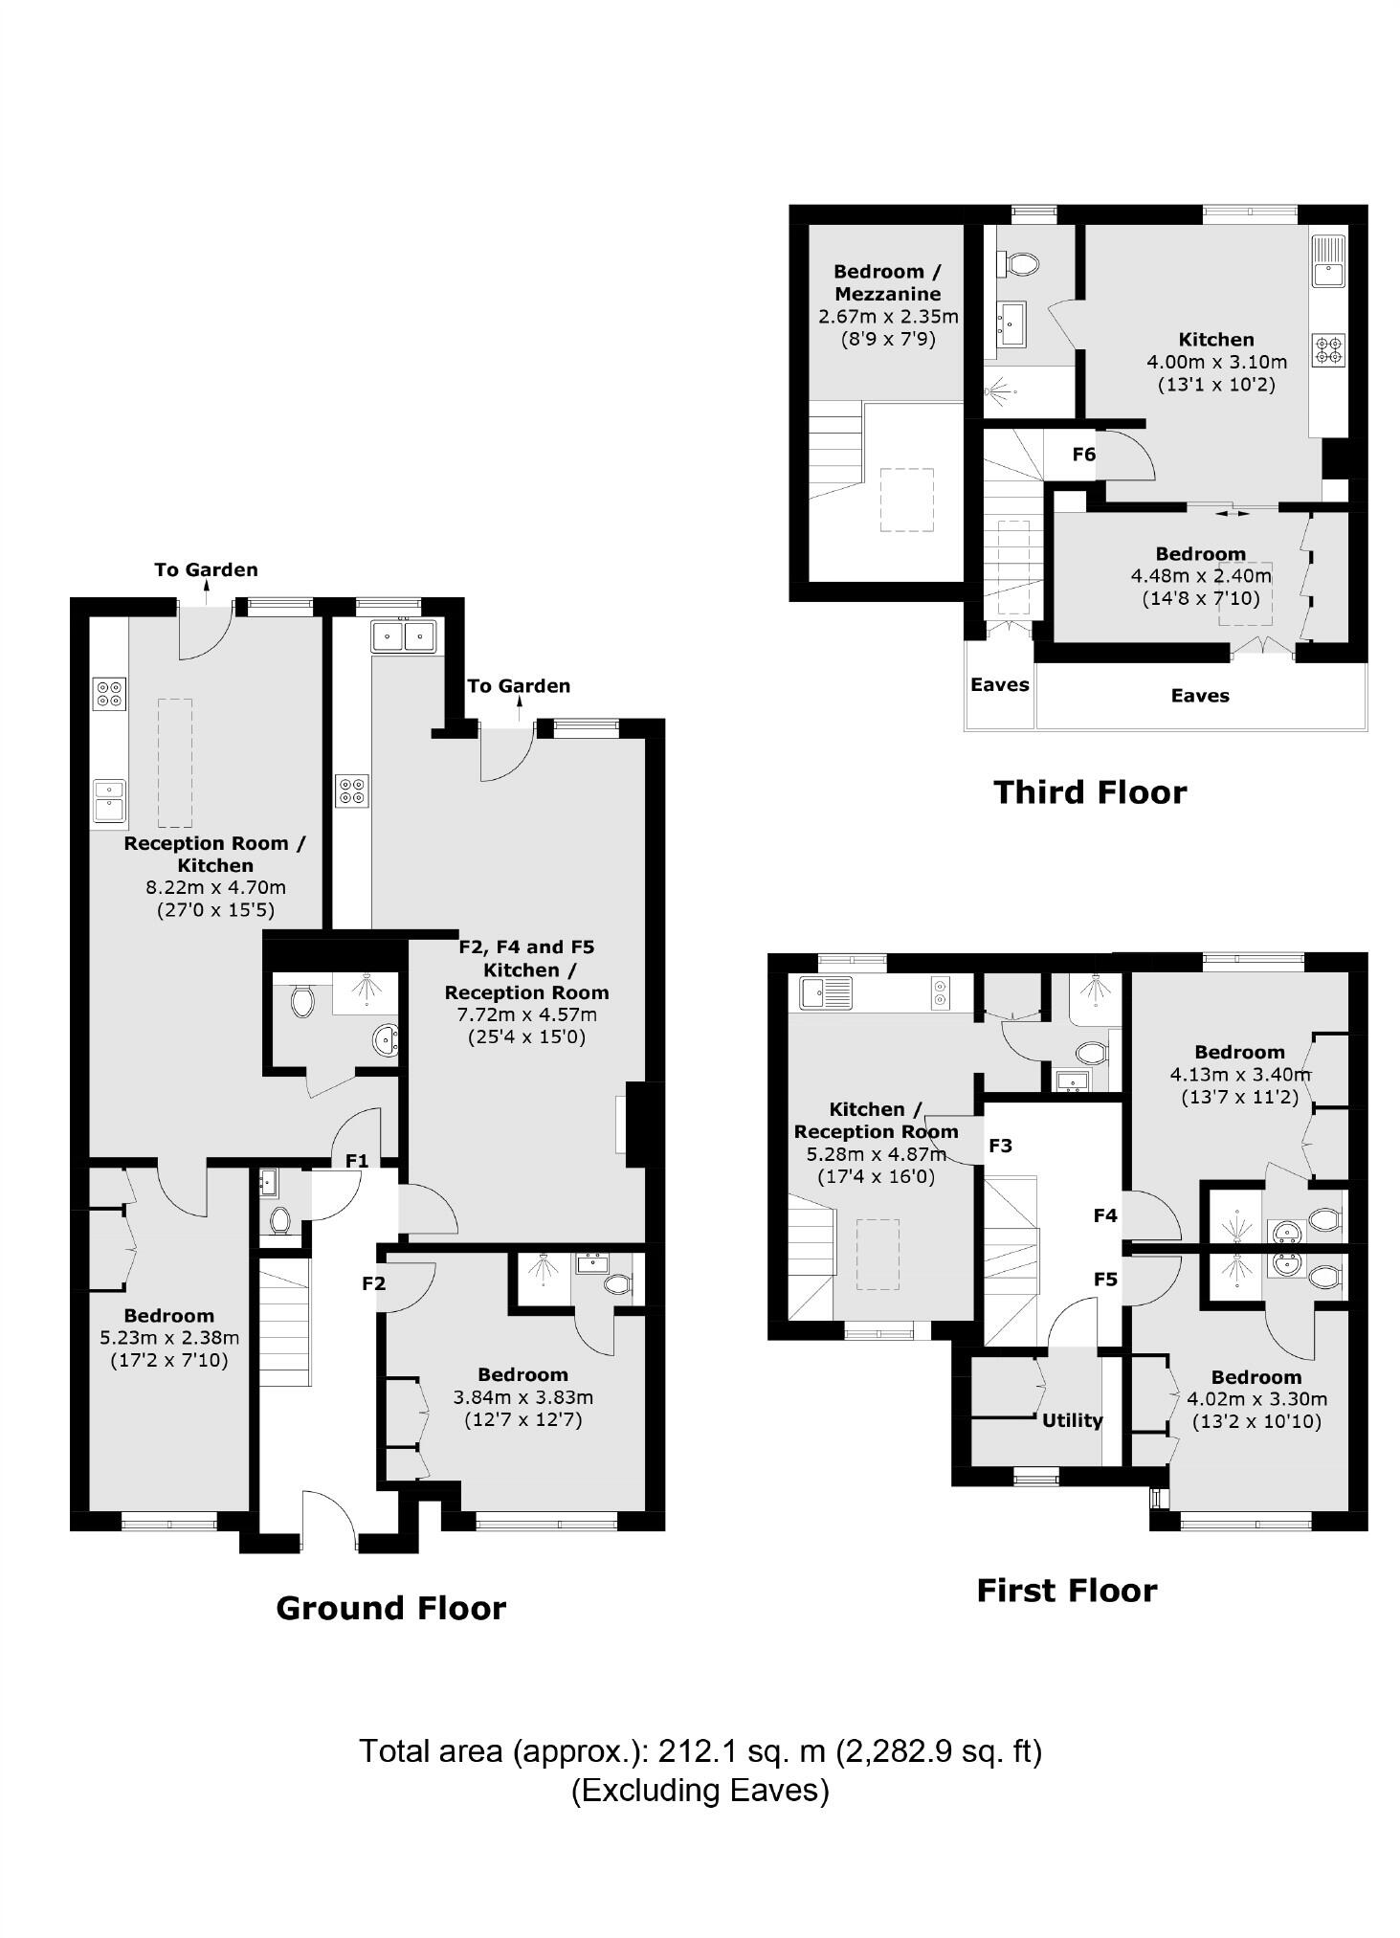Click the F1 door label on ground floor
[x=357, y=1161]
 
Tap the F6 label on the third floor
[x=1083, y=455]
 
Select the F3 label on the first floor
[x=1000, y=1146]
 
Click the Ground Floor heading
[x=390, y=1608]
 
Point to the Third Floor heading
[x=1090, y=792]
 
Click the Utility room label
[x=1072, y=1420]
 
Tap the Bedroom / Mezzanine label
[x=886, y=282]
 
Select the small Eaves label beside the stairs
[x=999, y=684]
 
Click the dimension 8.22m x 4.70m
[x=215, y=887]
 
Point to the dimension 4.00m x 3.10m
[x=1216, y=362]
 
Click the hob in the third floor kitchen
[x=1328, y=349]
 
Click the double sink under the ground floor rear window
[x=405, y=635]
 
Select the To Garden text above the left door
[x=206, y=569]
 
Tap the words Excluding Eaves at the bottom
[x=700, y=1789]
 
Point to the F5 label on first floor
[x=1105, y=1279]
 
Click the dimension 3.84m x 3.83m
[x=522, y=1396]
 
